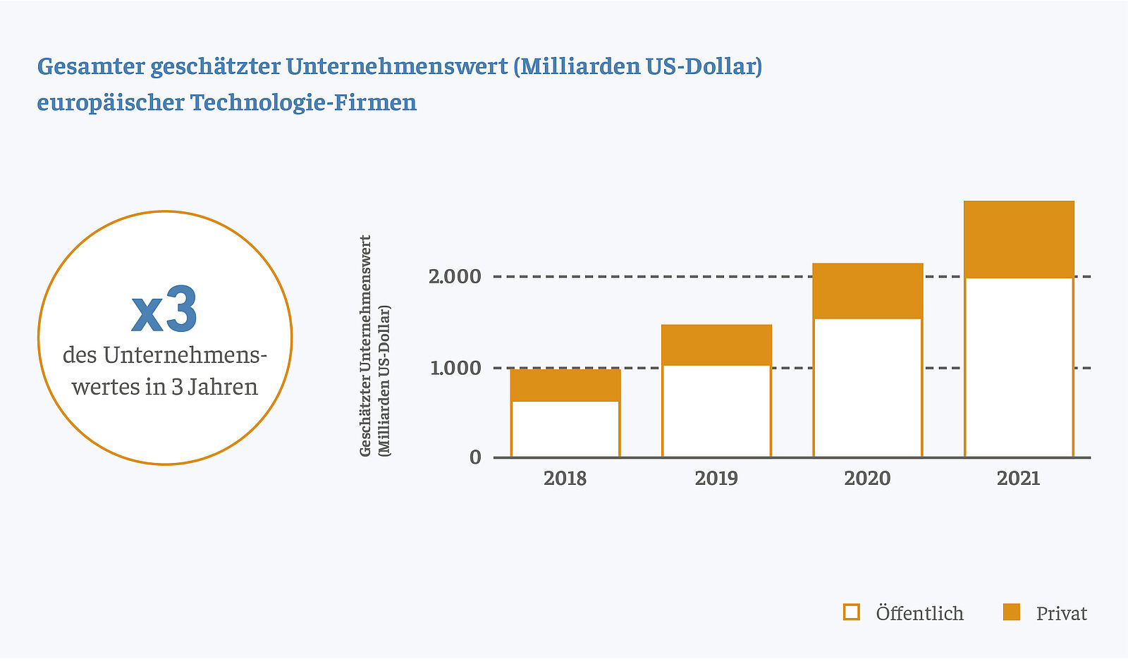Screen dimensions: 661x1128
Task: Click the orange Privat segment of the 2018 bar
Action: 565,385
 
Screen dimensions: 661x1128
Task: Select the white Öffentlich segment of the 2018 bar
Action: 565,428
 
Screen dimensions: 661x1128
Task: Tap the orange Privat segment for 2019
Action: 716,345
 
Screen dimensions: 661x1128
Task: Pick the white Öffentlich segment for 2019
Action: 716,411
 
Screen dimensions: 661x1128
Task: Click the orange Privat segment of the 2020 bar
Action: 868,291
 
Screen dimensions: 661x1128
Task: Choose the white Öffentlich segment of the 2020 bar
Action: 868,388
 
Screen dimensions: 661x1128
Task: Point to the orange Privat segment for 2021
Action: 1019,239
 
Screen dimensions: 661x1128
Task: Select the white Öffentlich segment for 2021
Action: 1019,367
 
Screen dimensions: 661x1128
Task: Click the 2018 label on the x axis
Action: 565,478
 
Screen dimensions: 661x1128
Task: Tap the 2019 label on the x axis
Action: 716,478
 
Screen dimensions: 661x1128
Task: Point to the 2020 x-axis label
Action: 868,478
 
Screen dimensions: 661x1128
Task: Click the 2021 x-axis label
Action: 1019,478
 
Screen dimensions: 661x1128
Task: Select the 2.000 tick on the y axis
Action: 455,276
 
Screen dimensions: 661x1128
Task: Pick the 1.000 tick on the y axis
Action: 455,368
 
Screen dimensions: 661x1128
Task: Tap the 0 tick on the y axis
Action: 475,457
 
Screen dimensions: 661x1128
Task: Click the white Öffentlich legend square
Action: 852,612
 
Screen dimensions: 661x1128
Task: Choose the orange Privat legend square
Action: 1012,612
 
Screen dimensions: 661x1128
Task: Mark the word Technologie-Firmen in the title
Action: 303,103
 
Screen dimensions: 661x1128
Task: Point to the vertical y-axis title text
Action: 375,345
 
